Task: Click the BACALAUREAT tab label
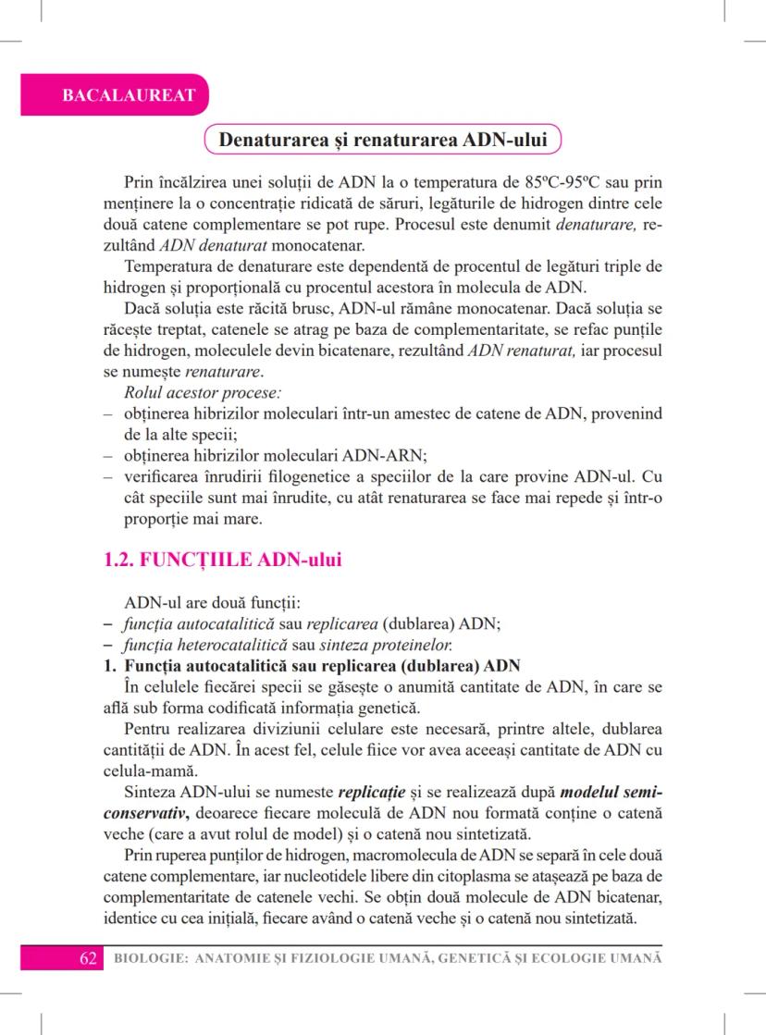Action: pyautogui.click(x=115, y=95)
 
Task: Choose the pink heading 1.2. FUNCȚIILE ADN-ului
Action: pyautogui.click(x=221, y=560)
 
